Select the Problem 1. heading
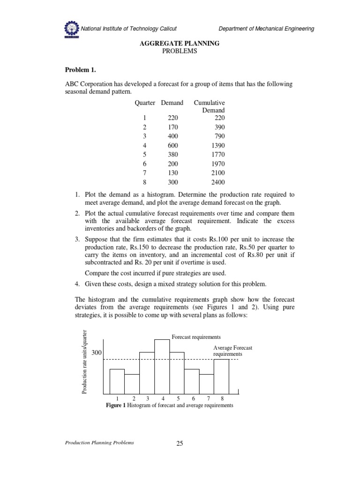coord(80,70)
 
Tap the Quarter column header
coord(145,103)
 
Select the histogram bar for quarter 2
coord(132,384)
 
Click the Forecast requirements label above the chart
coord(196,337)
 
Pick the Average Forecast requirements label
coord(232,351)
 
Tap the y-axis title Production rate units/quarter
coord(85,362)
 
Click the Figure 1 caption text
coord(170,405)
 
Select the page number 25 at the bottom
coord(179,444)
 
